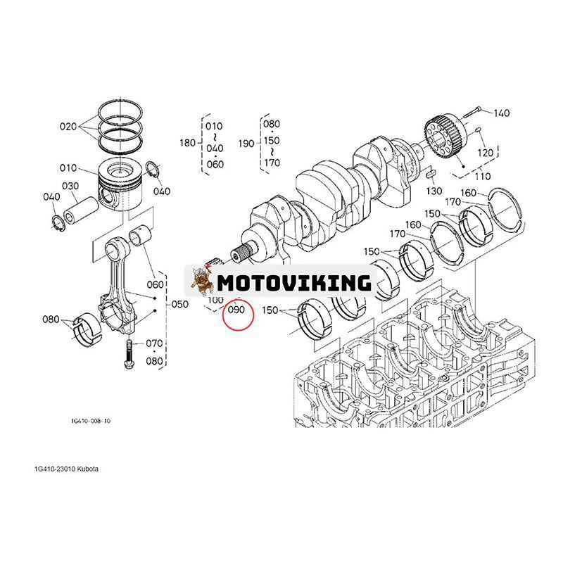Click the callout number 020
point(68,127)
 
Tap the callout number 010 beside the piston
point(68,168)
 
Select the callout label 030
point(70,186)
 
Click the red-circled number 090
point(236,310)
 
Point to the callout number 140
point(501,113)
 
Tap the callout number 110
point(483,176)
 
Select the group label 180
point(187,144)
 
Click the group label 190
point(246,144)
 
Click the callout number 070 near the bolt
point(154,344)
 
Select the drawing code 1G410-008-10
point(91,420)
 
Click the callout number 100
point(215,300)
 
